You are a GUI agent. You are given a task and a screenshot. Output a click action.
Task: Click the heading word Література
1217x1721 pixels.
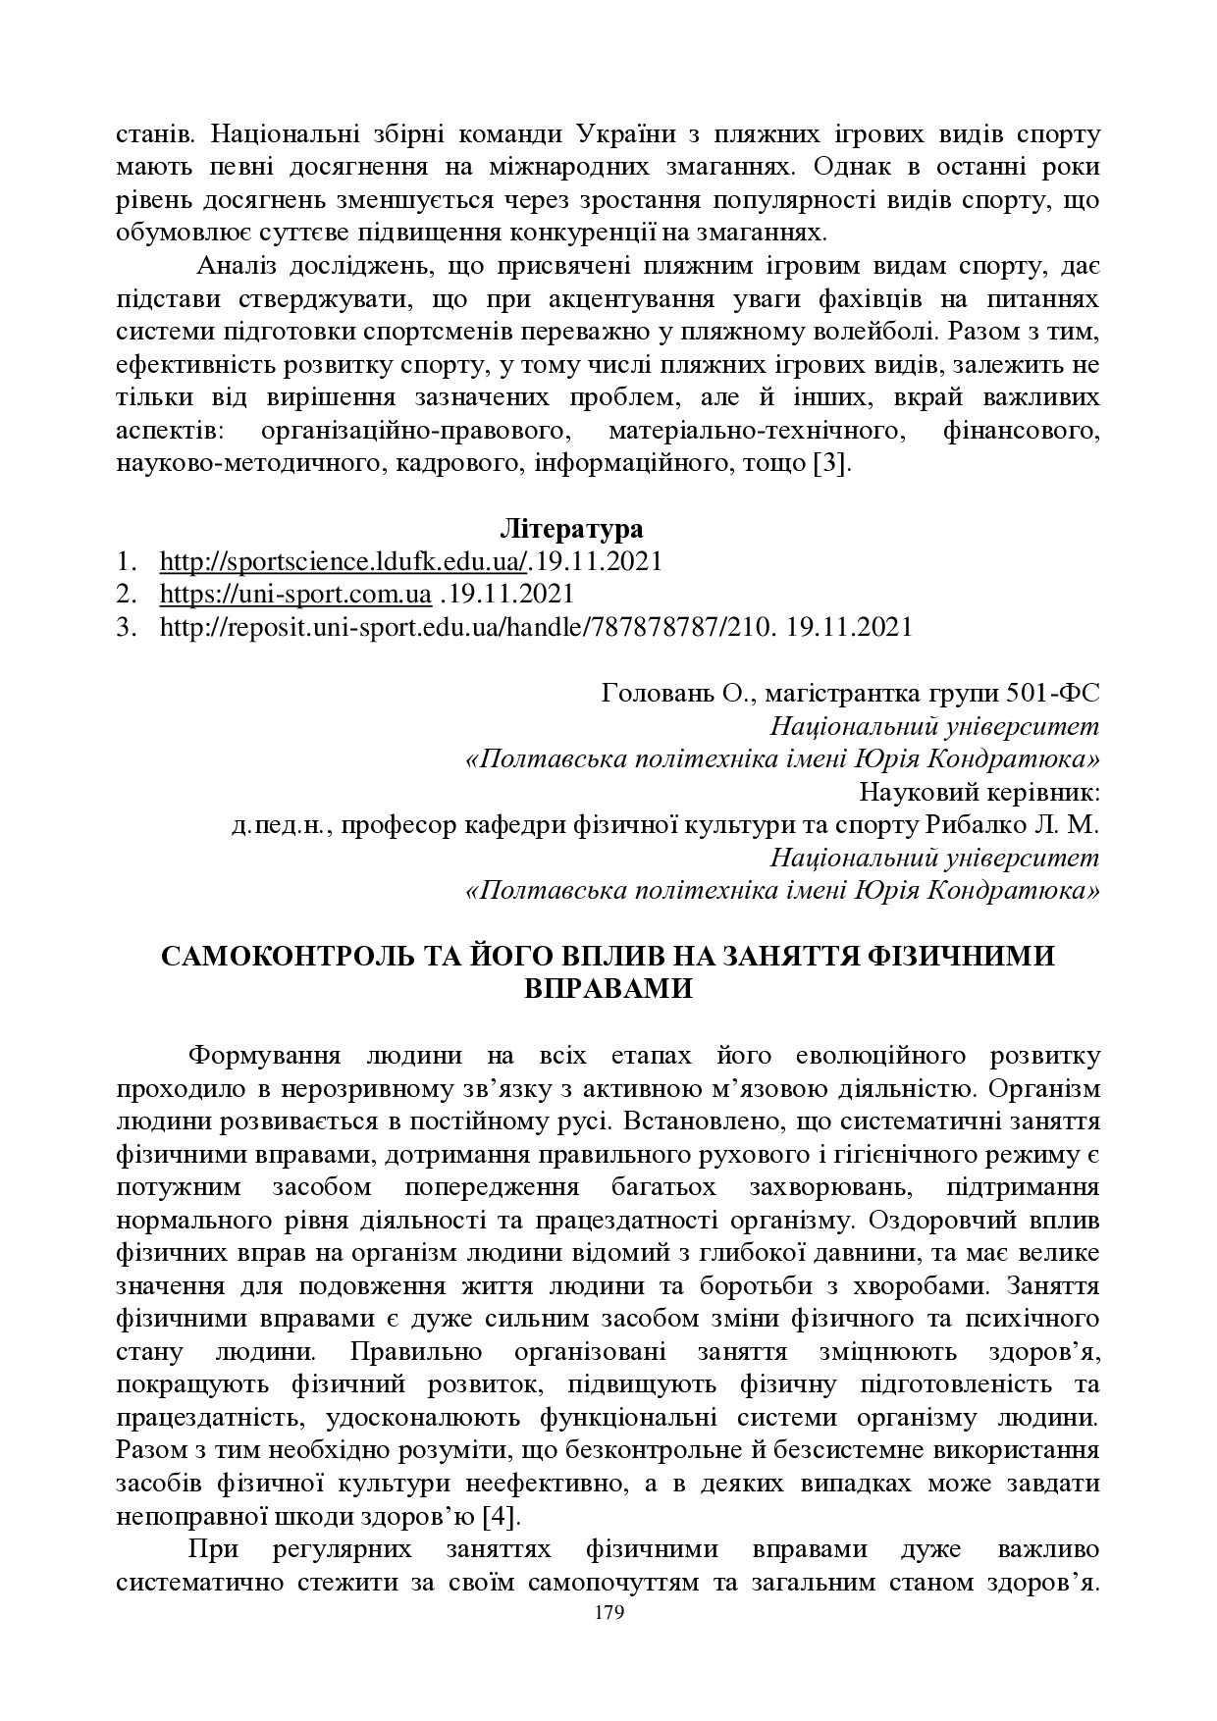(571, 530)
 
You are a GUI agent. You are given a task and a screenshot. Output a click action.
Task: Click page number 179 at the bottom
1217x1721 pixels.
(609, 1613)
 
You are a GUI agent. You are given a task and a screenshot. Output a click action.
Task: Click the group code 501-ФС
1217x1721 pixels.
(1053, 694)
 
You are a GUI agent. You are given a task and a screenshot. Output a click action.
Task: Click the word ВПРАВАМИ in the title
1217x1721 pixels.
(608, 988)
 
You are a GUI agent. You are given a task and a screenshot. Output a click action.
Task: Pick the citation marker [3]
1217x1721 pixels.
(831, 463)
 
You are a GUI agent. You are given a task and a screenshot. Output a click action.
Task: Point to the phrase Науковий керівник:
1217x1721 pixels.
(979, 792)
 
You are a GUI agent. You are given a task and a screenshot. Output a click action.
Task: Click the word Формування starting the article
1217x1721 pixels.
(264, 1056)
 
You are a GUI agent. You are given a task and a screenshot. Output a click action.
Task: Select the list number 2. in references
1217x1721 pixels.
(125, 595)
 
